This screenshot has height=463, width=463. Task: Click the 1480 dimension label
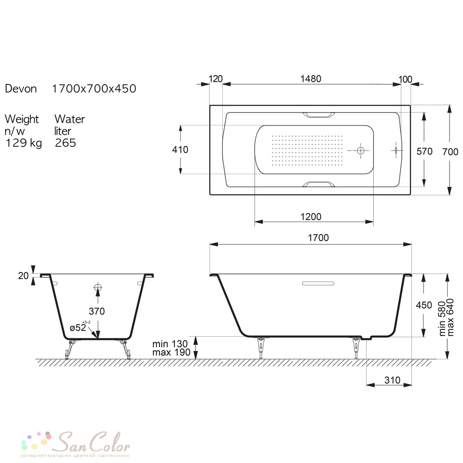coord(311,79)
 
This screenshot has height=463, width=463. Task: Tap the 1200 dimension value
coord(311,217)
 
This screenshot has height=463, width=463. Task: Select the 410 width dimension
coord(180,150)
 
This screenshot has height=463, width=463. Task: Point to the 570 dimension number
coord(424,151)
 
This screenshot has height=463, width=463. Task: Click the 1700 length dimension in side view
coord(319,238)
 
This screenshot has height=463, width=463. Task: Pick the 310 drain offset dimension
coord(393,380)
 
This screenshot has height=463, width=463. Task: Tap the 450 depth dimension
coord(424,305)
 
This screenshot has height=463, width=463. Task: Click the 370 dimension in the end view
coord(97,311)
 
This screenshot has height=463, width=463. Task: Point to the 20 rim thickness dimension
coord(23,276)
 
